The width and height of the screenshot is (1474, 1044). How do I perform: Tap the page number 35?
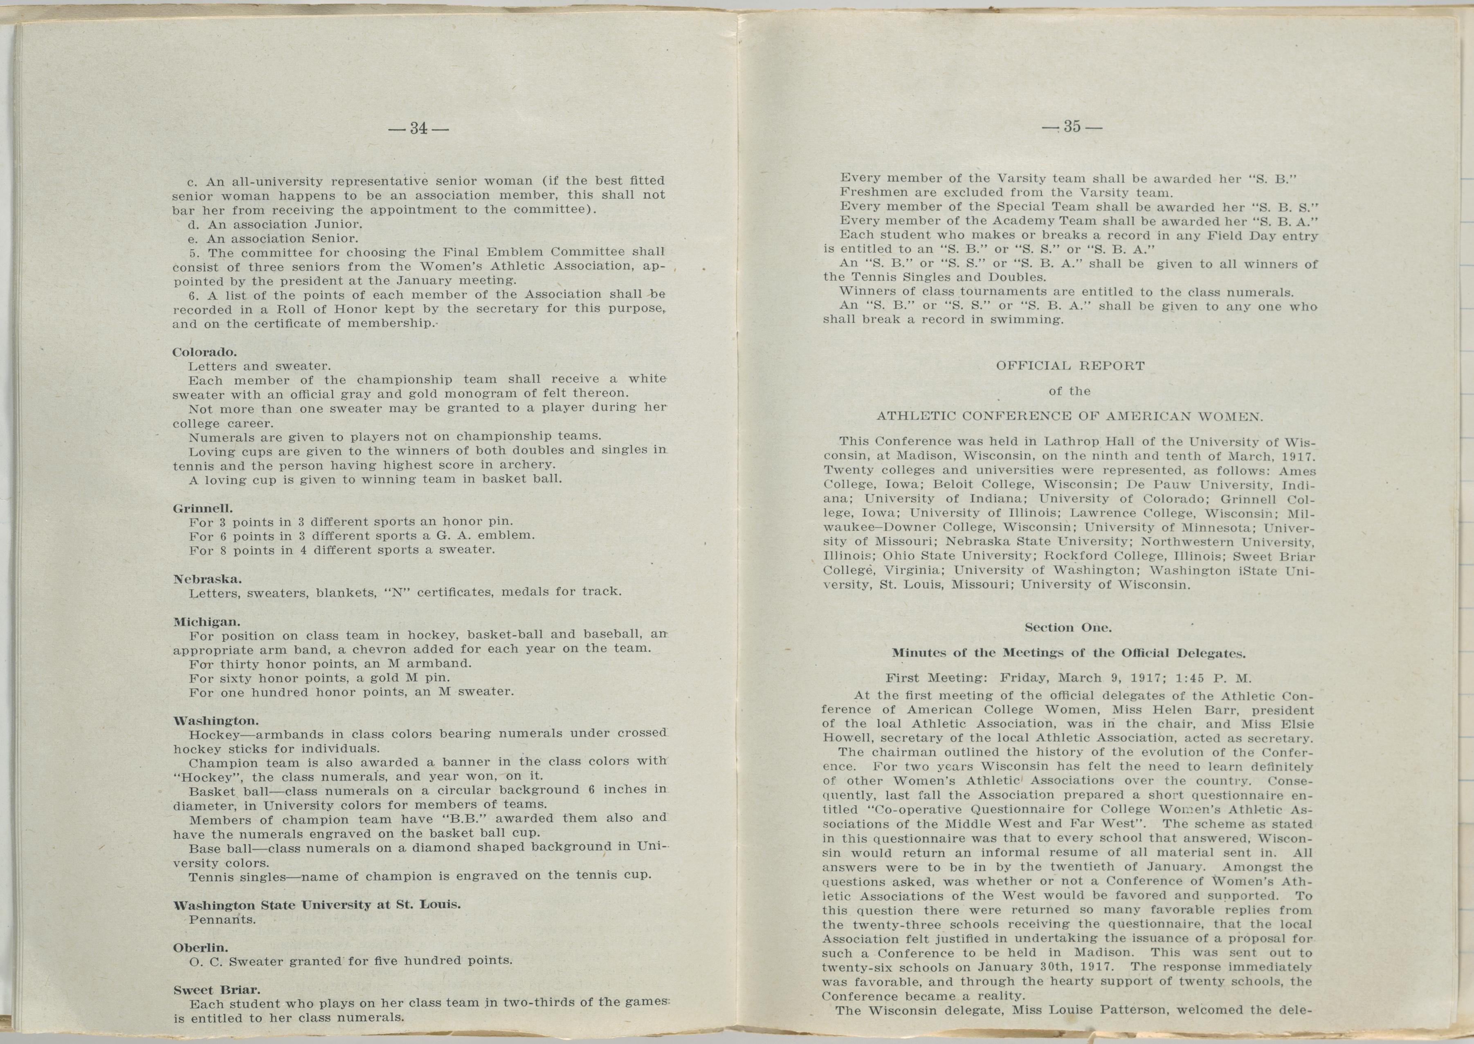pos(1072,127)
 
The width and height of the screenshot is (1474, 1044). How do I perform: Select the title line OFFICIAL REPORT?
pos(1070,366)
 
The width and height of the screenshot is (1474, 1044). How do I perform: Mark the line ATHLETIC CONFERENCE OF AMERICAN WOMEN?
pos(1070,417)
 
